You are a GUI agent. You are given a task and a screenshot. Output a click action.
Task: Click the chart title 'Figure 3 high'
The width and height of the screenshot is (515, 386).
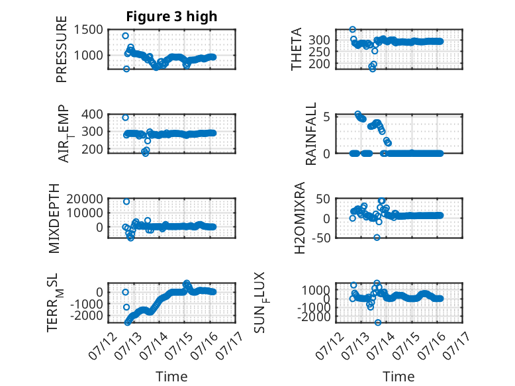(171, 17)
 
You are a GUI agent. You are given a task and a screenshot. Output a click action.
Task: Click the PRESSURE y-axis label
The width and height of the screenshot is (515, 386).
(62, 49)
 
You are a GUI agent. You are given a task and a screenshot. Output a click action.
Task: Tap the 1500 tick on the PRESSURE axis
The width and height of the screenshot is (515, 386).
(88, 30)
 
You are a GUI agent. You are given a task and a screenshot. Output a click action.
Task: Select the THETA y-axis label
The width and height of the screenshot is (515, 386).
(297, 49)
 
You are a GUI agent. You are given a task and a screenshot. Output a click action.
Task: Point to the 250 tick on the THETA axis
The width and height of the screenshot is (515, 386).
(319, 52)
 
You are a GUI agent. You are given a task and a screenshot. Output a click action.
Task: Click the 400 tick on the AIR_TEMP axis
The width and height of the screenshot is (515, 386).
(92, 115)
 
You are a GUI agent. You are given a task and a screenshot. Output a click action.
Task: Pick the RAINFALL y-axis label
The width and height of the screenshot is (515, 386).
(310, 134)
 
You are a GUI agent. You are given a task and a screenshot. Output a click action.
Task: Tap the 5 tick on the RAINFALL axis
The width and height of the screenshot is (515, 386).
(326, 117)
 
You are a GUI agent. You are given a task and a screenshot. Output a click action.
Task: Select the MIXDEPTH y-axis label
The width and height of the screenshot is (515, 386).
(54, 218)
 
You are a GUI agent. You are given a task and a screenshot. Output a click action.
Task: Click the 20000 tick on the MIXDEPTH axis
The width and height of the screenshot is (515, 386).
(85, 199)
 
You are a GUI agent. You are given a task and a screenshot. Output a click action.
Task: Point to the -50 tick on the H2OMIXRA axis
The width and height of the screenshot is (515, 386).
(321, 238)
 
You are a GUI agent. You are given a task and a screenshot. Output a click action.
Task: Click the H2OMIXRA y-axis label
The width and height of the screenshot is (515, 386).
(300, 218)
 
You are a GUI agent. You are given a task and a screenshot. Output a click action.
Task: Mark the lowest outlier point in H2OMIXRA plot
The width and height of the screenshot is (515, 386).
(377, 237)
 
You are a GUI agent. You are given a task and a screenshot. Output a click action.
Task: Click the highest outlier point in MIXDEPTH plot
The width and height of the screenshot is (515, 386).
(126, 201)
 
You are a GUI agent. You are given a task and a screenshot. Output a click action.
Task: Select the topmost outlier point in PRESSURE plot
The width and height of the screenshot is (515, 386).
(125, 36)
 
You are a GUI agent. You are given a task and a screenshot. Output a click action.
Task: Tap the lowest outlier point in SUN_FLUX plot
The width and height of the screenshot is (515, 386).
(378, 322)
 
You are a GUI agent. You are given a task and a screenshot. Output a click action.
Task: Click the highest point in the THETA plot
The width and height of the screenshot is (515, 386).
(352, 29)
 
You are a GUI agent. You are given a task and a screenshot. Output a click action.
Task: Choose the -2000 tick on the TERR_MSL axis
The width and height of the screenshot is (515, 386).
(86, 316)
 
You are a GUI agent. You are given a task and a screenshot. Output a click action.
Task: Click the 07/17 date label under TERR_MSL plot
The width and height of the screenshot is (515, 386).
(230, 344)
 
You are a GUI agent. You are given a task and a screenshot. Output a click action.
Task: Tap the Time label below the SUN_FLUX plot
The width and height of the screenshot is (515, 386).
(398, 376)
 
